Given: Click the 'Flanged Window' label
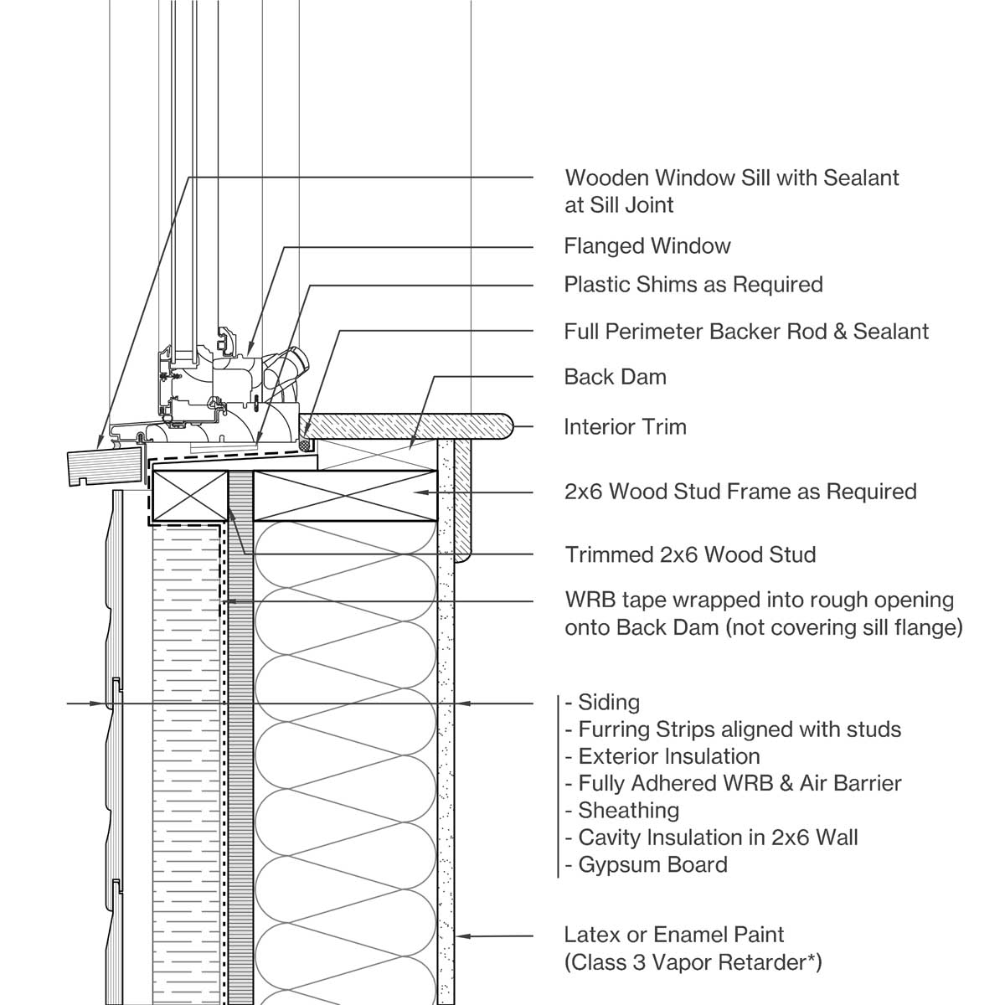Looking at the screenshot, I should click(x=647, y=246).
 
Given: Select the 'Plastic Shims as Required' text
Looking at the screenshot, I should click(x=693, y=285).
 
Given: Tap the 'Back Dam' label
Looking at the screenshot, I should click(x=615, y=377).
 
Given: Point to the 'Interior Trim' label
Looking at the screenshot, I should click(x=625, y=427).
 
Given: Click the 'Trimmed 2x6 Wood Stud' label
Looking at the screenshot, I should click(x=690, y=554).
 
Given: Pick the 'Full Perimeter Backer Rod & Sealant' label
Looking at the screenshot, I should click(x=746, y=332).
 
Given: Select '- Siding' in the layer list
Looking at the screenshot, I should click(x=603, y=703).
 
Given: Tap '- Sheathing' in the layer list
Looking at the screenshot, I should click(x=622, y=811).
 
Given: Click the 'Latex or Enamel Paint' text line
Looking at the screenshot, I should click(x=674, y=935).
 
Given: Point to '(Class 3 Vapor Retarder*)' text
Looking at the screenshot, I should click(x=693, y=962).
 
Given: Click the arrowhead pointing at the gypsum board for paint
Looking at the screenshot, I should click(x=462, y=935).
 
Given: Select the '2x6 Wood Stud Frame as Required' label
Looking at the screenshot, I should click(x=740, y=492).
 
